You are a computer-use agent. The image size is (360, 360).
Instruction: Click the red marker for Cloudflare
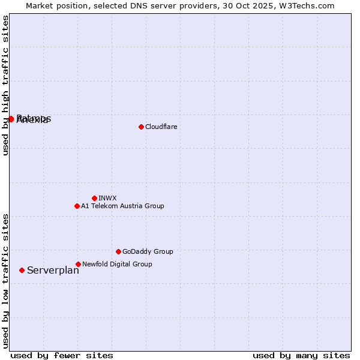point(141,127)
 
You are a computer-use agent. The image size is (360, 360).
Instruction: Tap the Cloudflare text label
point(161,127)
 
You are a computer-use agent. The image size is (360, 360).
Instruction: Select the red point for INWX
point(94,198)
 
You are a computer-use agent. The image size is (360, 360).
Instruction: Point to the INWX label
point(107,198)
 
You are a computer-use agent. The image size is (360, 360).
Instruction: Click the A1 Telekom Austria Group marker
point(77,206)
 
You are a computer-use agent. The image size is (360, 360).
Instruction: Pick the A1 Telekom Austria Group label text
point(122,206)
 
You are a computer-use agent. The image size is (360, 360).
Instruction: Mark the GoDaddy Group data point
point(118,251)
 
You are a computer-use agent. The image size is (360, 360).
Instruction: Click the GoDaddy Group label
point(148,251)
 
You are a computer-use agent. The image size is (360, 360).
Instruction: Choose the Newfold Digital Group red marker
point(78,264)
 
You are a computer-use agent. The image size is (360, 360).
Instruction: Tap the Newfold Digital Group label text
point(117,264)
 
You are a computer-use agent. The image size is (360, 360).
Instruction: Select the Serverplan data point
point(22,270)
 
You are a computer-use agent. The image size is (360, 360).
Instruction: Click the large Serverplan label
point(53,271)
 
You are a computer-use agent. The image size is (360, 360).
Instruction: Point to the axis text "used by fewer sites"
point(62,355)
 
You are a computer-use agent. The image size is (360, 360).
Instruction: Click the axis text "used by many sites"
point(301,355)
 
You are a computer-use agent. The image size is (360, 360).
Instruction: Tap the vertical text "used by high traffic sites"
point(5,86)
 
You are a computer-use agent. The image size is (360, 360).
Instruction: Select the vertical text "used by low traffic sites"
point(5,280)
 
